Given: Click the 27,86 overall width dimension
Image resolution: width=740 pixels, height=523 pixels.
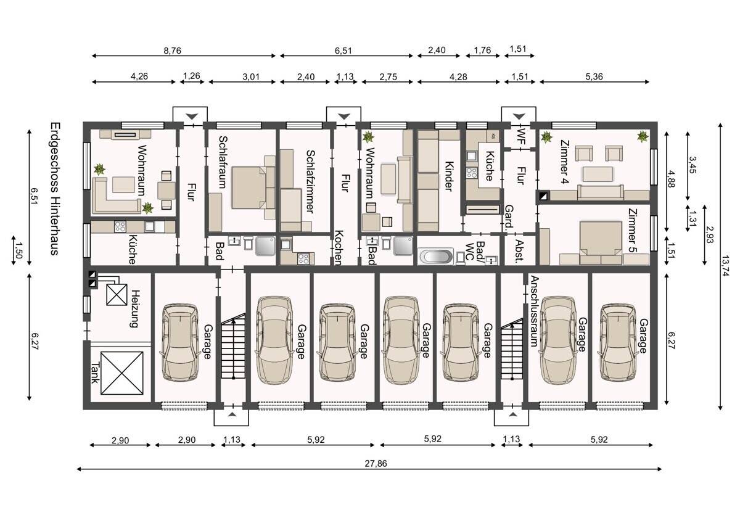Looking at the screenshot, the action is click(376, 464).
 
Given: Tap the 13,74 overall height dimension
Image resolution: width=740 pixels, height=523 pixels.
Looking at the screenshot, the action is click(725, 266).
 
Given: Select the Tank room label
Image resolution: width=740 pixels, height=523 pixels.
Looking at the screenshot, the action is click(95, 373).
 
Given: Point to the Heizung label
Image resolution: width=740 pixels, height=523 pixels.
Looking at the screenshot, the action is click(135, 308).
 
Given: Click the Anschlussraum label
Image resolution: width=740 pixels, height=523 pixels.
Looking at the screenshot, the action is click(534, 311).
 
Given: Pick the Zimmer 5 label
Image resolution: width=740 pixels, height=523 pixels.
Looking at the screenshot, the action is click(633, 231).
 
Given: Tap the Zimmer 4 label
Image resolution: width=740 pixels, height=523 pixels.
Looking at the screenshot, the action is click(565, 162).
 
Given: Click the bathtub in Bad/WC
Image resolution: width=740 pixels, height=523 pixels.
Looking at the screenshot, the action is click(436, 257).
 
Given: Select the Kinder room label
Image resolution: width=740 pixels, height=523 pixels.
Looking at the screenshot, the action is click(449, 176).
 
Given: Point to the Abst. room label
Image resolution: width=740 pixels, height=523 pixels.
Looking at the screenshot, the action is click(519, 250).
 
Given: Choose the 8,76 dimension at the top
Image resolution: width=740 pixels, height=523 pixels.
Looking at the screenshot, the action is click(173, 51).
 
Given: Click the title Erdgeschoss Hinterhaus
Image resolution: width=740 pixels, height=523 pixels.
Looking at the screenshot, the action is click(55, 189).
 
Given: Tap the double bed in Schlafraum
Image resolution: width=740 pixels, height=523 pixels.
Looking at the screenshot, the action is click(253, 187).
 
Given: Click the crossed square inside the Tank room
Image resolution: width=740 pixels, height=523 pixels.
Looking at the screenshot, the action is click(122, 373).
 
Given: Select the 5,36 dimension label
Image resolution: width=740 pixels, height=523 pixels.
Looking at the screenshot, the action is click(594, 76).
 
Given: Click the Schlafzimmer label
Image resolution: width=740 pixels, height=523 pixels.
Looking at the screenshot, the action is click(310, 181).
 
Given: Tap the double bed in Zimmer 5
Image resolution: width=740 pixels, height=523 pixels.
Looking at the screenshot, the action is click(601, 243).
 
